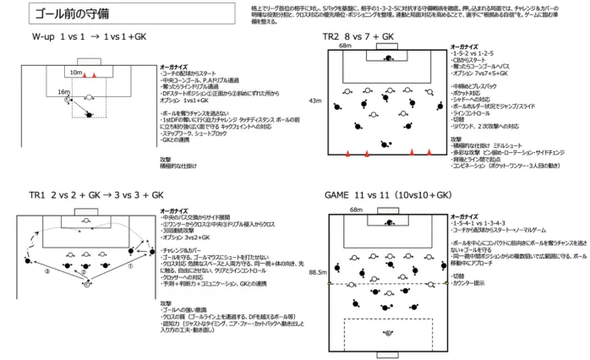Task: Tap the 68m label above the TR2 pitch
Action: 344,46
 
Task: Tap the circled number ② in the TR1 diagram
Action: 84,272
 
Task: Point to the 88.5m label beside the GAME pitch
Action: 318,272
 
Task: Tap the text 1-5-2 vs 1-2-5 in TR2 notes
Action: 473,52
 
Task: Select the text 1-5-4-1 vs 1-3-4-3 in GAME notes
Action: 477,222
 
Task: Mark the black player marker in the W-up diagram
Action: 89,115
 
